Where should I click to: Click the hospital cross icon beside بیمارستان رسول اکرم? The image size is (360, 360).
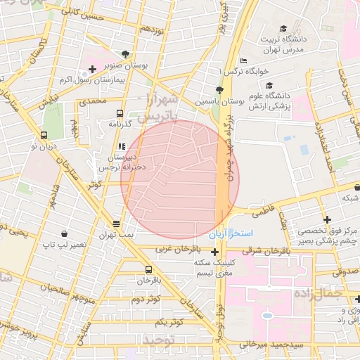(92, 67)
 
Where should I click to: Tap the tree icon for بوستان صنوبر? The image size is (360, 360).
(125, 54)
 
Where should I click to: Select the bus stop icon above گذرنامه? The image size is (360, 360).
(120, 112)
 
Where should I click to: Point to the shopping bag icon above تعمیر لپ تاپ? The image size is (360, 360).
(64, 233)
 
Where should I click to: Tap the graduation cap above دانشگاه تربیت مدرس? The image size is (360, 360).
(283, 29)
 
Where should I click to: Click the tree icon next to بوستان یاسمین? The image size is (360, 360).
(219, 90)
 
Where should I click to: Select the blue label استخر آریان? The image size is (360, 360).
(247, 233)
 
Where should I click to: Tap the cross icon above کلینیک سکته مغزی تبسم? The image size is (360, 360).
(214, 251)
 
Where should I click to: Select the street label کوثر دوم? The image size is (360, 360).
(146, 299)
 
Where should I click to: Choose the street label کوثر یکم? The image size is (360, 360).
(169, 321)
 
